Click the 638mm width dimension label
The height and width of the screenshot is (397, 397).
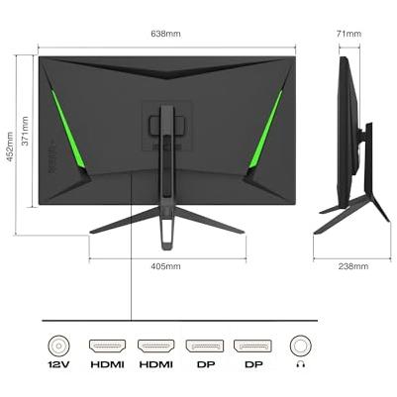165,34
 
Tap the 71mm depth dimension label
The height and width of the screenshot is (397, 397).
348,34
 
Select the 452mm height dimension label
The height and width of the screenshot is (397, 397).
10,147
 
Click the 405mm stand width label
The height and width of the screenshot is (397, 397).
165,266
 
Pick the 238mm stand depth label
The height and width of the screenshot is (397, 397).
353,266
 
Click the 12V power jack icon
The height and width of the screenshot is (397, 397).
58,347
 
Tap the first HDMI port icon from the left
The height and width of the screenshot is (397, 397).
108,347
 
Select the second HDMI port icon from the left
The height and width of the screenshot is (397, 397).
155,347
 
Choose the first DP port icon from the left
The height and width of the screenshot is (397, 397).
205,347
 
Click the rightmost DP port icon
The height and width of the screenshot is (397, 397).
252,347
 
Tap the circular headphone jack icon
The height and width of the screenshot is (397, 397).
301,347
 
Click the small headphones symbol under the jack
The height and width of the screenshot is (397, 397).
301,364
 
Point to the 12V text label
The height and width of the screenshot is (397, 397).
58,364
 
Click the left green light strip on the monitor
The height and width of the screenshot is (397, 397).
68,130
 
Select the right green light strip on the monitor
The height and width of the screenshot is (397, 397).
265,130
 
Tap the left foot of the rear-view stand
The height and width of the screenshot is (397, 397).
125,221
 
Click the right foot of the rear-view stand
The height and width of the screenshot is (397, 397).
209,221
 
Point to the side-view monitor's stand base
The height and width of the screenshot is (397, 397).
350,215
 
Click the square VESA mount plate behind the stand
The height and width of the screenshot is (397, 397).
167,126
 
